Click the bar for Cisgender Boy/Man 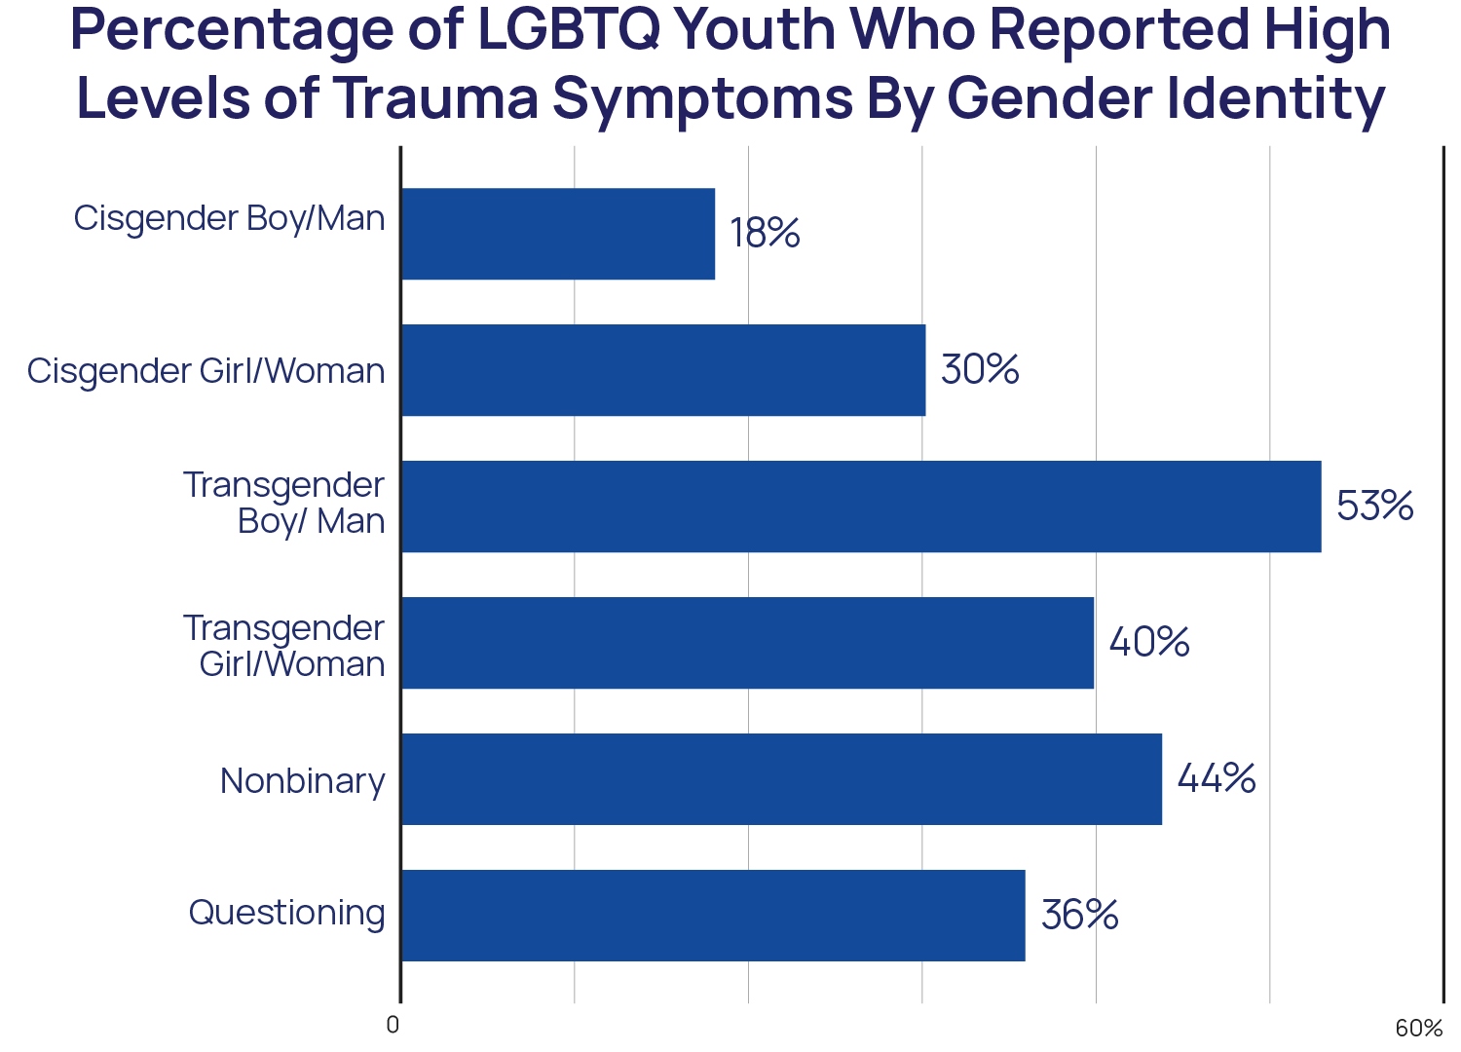click(x=558, y=234)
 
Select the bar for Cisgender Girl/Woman click(x=663, y=370)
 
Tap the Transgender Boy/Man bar click(x=861, y=507)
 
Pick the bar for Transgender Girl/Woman click(x=748, y=643)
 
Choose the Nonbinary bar click(x=782, y=779)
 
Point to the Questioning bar click(x=713, y=915)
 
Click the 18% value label click(x=765, y=234)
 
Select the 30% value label click(x=980, y=370)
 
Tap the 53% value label click(x=1374, y=507)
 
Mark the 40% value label click(x=1149, y=643)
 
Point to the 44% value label click(x=1217, y=779)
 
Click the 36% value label click(x=1079, y=915)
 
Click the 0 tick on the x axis click(x=393, y=1026)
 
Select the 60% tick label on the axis click(x=1418, y=1029)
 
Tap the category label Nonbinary click(x=303, y=781)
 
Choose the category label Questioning click(x=287, y=914)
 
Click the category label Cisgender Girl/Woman click(x=206, y=371)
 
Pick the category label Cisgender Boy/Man click(x=230, y=218)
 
